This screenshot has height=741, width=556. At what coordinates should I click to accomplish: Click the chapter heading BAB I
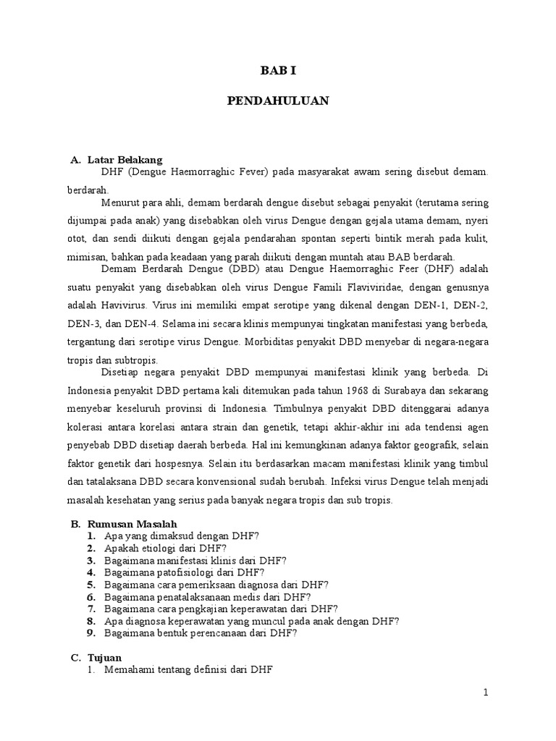point(279,70)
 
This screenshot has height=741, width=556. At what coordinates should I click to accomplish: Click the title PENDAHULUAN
point(278,101)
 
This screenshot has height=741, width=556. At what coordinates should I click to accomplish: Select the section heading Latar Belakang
point(125,159)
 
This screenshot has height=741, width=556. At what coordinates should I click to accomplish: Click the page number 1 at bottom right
point(486,693)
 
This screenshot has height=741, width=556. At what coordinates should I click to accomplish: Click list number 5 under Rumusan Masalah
point(91,584)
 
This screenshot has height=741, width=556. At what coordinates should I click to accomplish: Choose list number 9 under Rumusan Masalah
point(91,632)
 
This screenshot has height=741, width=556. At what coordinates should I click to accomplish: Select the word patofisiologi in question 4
point(179,572)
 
